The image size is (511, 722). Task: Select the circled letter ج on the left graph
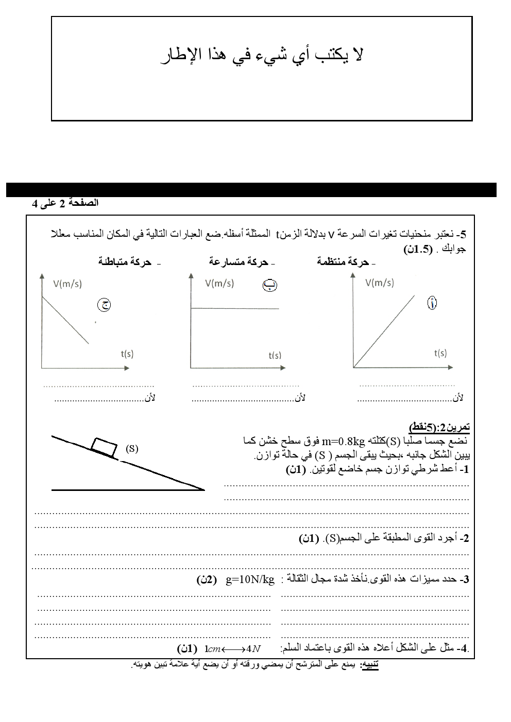(104, 305)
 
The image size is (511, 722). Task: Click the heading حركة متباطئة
(125, 262)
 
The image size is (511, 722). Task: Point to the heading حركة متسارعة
(239, 262)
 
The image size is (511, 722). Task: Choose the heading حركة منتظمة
(343, 262)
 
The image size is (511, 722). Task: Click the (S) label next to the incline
(132, 448)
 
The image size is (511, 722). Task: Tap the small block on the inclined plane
(104, 446)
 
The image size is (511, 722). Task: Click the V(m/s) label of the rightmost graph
(380, 283)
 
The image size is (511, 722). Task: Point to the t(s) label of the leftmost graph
(127, 354)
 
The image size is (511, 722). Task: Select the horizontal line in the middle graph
(235, 308)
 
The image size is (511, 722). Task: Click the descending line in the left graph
(65, 320)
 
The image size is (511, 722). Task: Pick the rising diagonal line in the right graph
(384, 331)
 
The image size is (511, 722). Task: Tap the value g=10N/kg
(250, 579)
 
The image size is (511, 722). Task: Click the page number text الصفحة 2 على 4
(65, 203)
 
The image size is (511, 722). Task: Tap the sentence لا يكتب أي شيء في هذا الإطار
(262, 55)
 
